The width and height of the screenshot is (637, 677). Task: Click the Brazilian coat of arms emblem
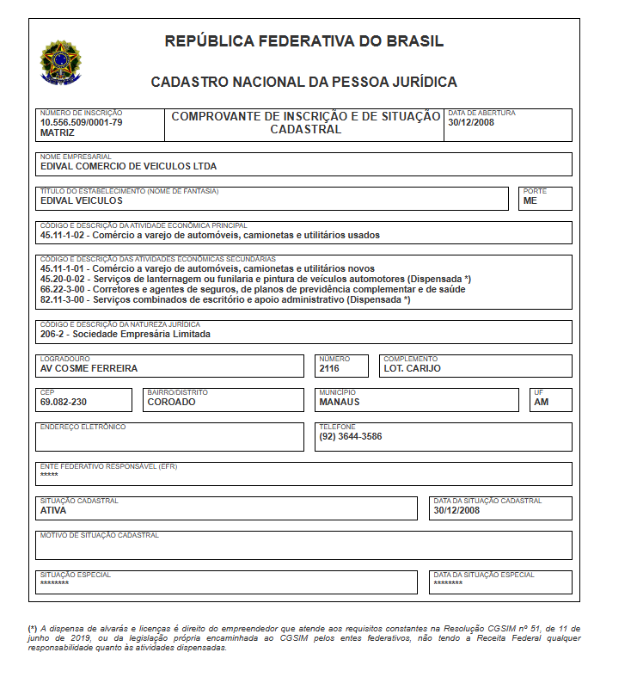click(60, 62)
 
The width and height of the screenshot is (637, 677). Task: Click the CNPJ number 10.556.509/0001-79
click(82, 122)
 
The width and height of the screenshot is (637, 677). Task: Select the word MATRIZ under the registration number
click(58, 133)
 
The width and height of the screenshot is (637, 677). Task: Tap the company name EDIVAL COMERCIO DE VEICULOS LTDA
click(129, 166)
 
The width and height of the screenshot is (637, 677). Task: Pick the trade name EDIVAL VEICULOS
click(82, 200)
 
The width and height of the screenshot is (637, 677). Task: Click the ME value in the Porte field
click(530, 200)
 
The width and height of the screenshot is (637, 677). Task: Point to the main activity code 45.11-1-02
click(64, 235)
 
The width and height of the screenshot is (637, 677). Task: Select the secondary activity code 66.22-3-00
click(64, 290)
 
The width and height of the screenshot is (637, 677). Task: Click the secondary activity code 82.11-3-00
click(64, 300)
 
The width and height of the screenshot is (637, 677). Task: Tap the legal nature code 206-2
click(53, 334)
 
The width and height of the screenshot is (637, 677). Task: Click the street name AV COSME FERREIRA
click(89, 368)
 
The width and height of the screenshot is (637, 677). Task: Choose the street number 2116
click(330, 368)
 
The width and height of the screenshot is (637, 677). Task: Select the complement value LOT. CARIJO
click(413, 368)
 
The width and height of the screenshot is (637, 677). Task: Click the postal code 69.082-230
click(64, 402)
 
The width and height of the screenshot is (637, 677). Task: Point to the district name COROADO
click(172, 402)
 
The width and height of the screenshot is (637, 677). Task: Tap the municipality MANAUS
click(340, 402)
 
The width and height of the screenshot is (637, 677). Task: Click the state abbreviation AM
click(541, 402)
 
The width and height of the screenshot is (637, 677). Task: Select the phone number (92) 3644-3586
click(351, 436)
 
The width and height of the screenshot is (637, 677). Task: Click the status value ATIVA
click(53, 510)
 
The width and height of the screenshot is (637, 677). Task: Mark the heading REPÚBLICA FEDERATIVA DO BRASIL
click(304, 41)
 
